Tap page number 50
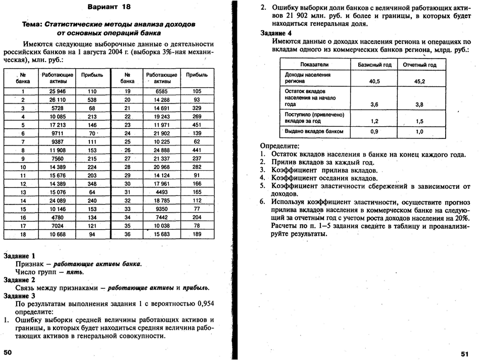click(8, 351)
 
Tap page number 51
click(465, 353)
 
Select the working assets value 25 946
click(58, 91)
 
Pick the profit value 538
click(91, 100)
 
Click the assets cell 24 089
click(58, 200)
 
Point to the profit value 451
click(197, 125)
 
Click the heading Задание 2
click(19, 280)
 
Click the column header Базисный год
click(374, 65)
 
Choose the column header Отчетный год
click(419, 65)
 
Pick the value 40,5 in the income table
click(374, 81)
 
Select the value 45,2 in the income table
click(419, 81)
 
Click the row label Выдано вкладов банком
click(314, 131)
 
